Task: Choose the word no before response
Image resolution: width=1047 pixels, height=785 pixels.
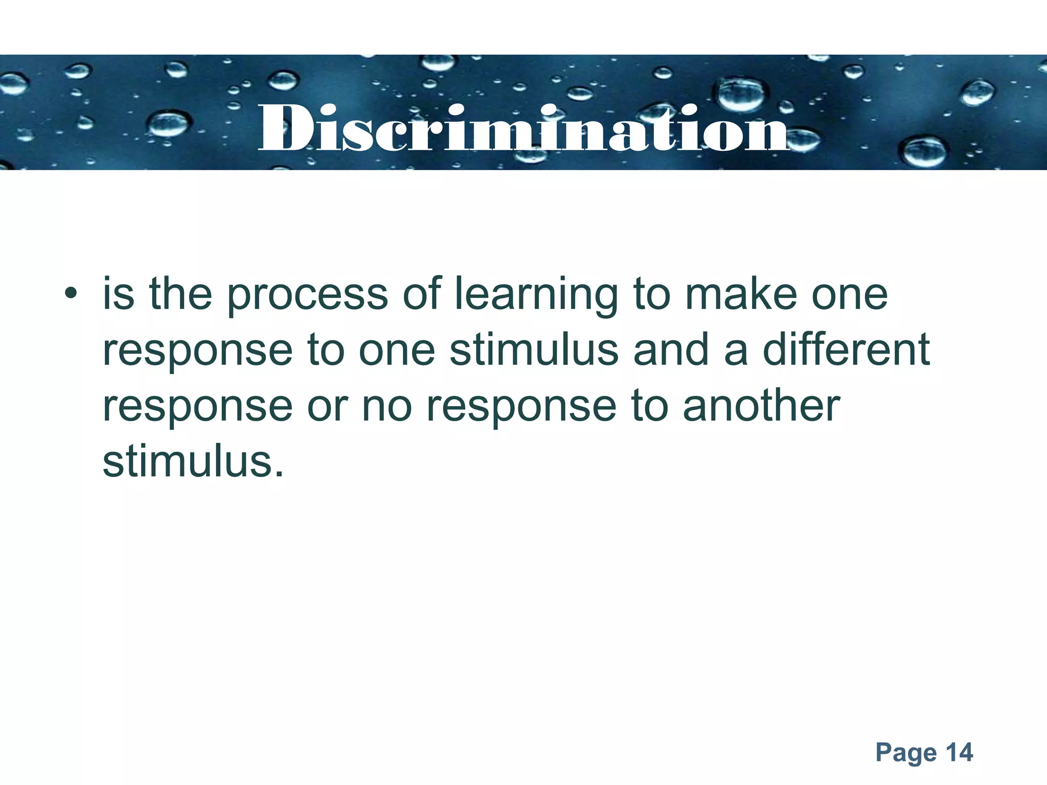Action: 386,406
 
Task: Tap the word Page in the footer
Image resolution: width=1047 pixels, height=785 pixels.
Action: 906,753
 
